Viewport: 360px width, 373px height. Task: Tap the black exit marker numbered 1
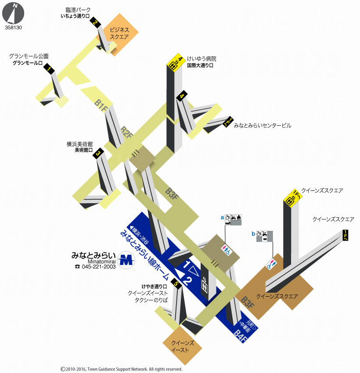49,68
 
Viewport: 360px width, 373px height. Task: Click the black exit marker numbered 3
98,153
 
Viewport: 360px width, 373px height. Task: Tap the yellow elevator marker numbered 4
176,62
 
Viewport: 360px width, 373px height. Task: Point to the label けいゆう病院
202,58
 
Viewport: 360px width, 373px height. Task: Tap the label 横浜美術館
79,144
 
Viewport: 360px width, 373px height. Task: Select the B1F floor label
101,106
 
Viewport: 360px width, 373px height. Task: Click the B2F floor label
126,133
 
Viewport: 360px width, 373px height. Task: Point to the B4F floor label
240,336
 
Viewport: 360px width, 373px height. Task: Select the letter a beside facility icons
222,217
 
